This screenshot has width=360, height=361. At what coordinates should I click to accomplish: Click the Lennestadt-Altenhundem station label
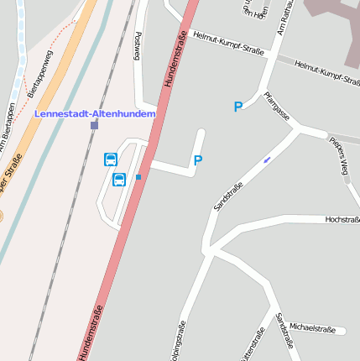(x=95, y=113)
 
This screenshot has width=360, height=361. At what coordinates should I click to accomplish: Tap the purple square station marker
(x=95, y=125)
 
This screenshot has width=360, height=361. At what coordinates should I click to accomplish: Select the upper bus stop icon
(x=110, y=159)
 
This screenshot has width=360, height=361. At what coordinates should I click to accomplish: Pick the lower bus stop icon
(x=119, y=179)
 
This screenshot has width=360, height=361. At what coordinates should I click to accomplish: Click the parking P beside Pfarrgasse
(x=238, y=107)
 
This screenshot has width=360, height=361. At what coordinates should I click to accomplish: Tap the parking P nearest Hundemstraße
(x=198, y=160)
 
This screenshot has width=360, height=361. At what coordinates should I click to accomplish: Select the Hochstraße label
(x=342, y=219)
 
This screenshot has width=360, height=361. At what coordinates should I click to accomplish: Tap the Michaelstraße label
(x=311, y=328)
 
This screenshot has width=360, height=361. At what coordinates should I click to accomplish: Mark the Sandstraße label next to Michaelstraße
(x=284, y=333)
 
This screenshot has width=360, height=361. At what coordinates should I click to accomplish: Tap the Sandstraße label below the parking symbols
(x=228, y=196)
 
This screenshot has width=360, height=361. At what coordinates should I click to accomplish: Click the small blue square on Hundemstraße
(x=138, y=176)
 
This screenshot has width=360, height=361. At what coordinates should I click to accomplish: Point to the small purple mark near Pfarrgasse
(x=267, y=159)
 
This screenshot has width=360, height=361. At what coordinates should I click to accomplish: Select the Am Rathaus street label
(x=287, y=18)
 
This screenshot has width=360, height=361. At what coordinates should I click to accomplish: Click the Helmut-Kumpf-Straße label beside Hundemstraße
(x=228, y=43)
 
